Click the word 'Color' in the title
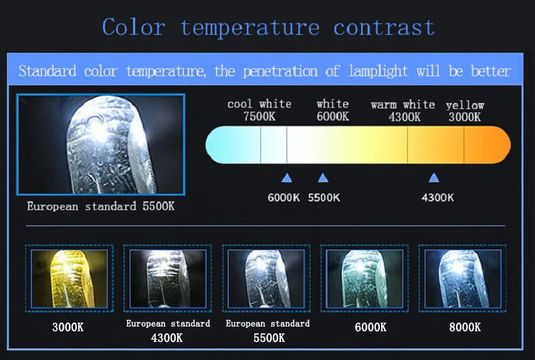click(x=134, y=27)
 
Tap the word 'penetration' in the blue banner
click(x=280, y=72)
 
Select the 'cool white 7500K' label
click(x=259, y=110)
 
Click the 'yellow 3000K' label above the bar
click(x=465, y=111)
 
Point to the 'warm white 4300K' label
click(x=403, y=110)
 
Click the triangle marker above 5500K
click(x=323, y=177)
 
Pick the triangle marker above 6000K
click(x=287, y=177)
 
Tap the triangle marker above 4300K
click(x=433, y=177)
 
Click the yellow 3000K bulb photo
click(x=70, y=278)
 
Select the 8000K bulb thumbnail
click(x=463, y=278)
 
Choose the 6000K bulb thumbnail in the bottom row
click(x=364, y=278)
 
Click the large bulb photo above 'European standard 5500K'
click(x=101, y=145)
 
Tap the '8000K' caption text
click(x=465, y=327)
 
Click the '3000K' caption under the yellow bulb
click(x=68, y=327)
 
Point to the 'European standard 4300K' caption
click(x=168, y=331)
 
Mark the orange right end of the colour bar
click(x=498, y=145)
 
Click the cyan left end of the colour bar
click(x=219, y=145)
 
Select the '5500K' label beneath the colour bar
click(x=324, y=197)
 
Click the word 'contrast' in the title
click(x=384, y=27)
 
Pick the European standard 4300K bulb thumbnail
click(x=168, y=278)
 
